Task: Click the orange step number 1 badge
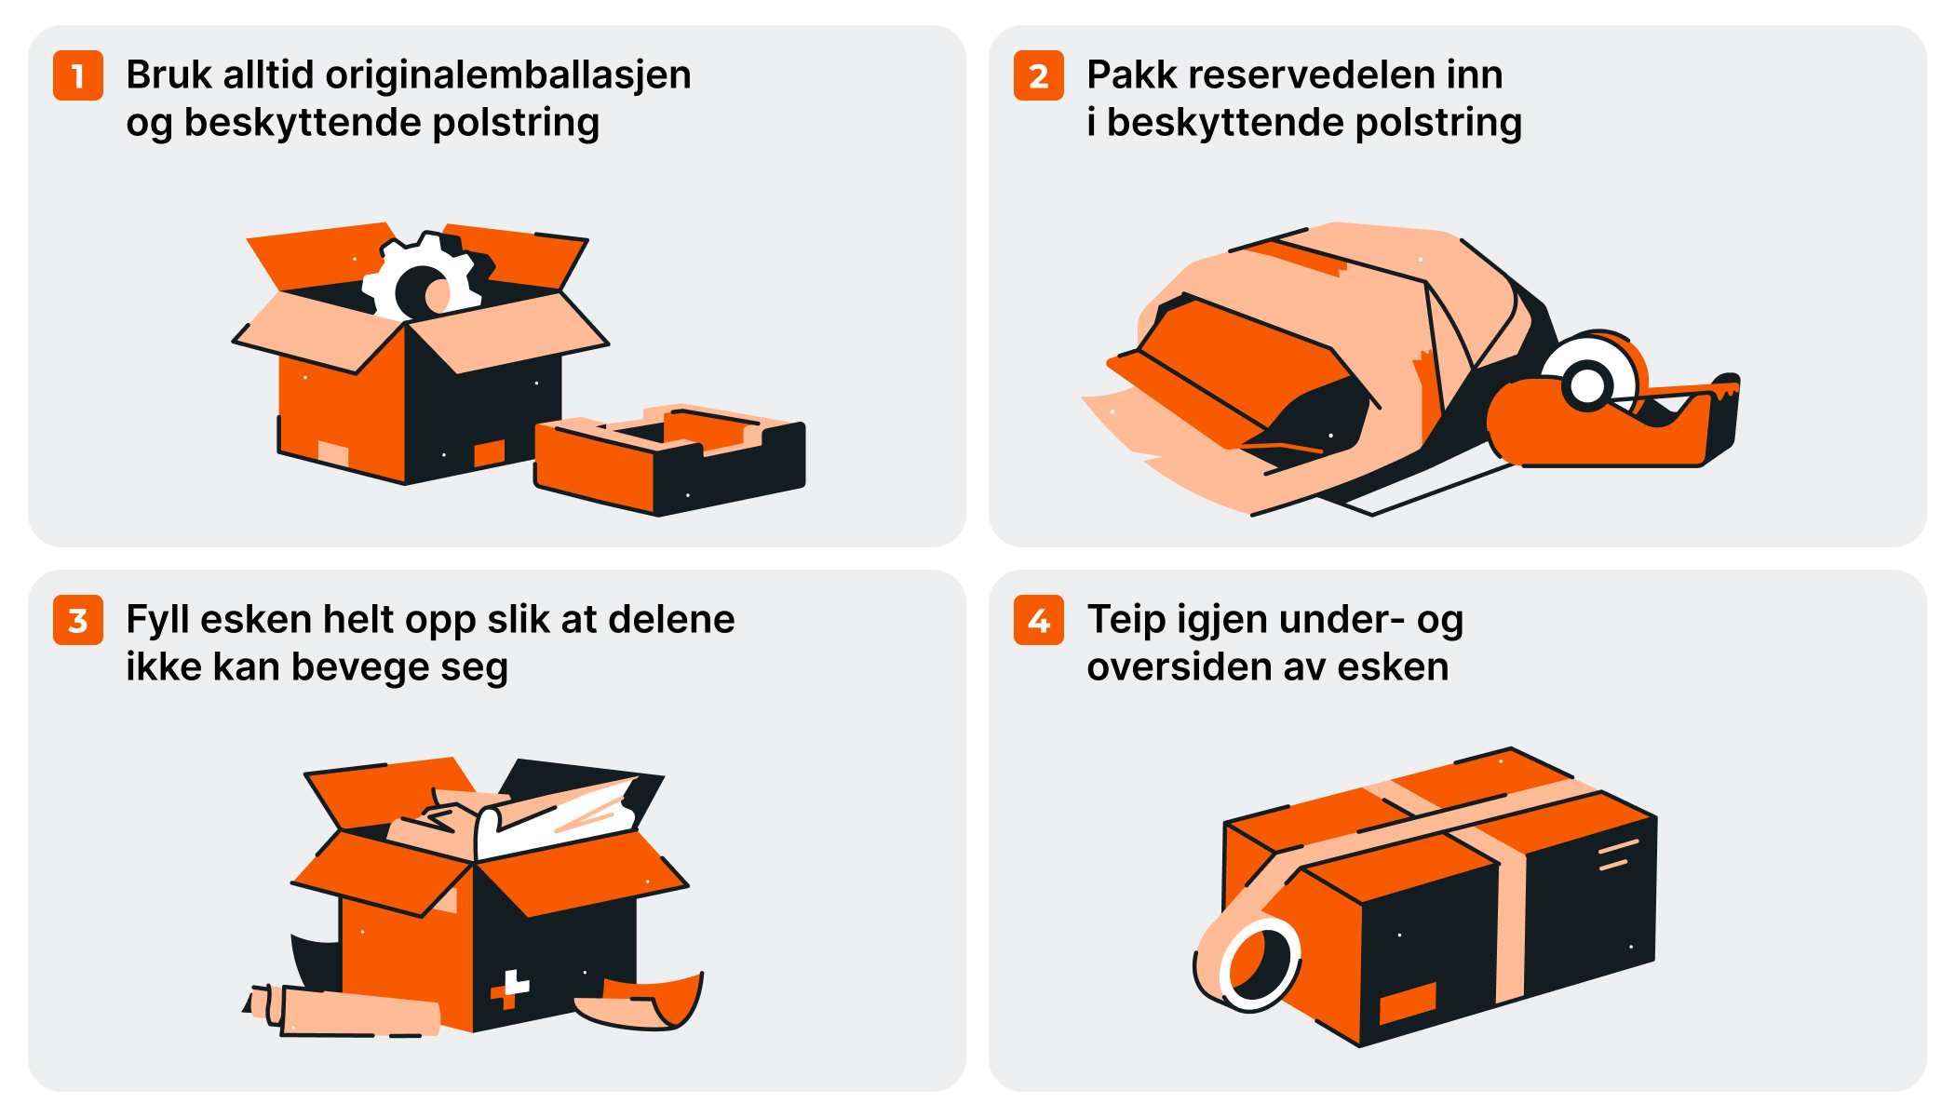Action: [78, 75]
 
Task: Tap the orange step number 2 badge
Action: [1039, 75]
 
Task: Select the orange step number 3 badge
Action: [78, 620]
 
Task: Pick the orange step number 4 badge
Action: [1039, 620]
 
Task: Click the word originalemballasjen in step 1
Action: [508, 76]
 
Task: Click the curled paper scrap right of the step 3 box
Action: [641, 1001]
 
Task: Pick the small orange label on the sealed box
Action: [1408, 1002]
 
